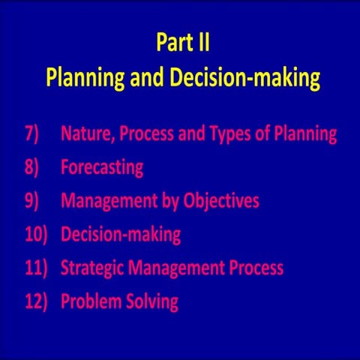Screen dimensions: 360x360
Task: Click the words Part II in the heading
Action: coord(182,43)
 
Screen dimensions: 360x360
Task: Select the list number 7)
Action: coord(34,135)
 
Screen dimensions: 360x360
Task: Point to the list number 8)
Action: coord(34,168)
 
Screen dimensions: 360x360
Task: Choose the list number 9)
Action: coord(34,201)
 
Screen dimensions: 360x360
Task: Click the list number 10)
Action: coord(35,235)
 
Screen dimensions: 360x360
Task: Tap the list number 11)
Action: coord(35,268)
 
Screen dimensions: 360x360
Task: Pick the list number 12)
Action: coord(35,301)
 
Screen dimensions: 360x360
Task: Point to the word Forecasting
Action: coord(102,168)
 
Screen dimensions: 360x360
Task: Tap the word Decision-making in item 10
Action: coord(121,235)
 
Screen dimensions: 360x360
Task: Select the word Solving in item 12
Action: coord(153,302)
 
